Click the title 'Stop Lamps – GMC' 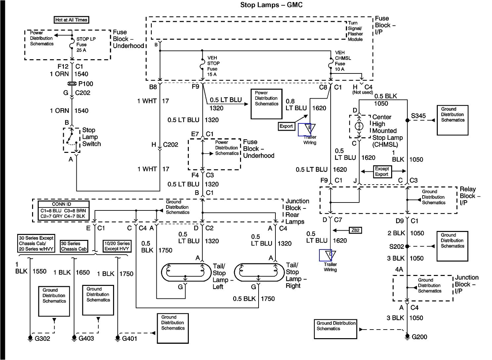(x=271, y=5)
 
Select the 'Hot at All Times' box (x=71, y=20)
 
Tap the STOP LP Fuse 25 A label (x=86, y=44)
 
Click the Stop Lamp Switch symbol (x=71, y=140)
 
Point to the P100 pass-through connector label (x=85, y=84)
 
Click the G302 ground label (x=42, y=338)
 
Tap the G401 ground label (x=129, y=338)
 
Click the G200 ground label (x=419, y=337)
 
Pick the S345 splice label (x=418, y=116)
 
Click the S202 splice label (x=396, y=247)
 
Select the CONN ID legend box (x=63, y=210)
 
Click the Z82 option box (x=355, y=230)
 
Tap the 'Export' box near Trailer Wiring (x=286, y=126)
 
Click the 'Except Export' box (x=382, y=171)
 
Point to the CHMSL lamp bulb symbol (x=359, y=126)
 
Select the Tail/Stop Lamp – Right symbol (x=259, y=272)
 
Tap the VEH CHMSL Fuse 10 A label (x=343, y=61)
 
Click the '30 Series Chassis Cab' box (x=74, y=246)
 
